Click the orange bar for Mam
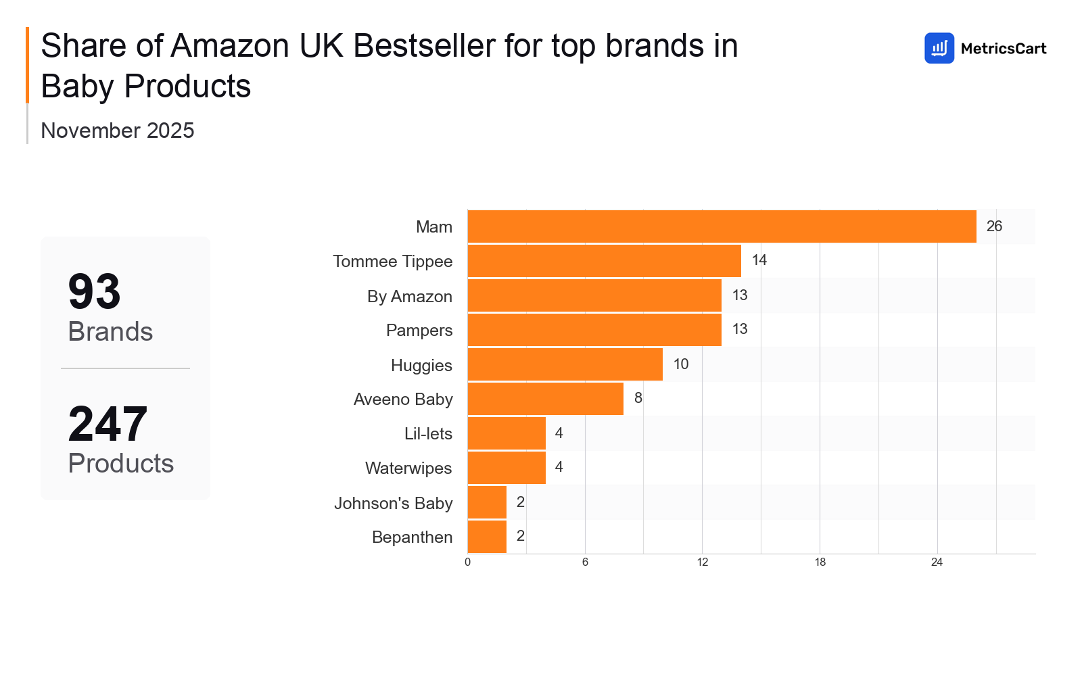click(x=722, y=226)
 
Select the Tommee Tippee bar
click(x=604, y=261)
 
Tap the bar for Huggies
click(x=565, y=364)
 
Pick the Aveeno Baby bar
click(x=545, y=399)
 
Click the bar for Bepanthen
click(x=487, y=537)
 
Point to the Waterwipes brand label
click(x=408, y=468)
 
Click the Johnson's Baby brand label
click(x=393, y=503)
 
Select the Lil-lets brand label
click(x=428, y=433)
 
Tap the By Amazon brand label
click(x=409, y=296)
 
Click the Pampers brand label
click(x=419, y=330)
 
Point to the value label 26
click(x=994, y=226)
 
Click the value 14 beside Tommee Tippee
click(x=759, y=260)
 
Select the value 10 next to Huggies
click(x=680, y=364)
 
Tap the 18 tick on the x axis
click(x=820, y=562)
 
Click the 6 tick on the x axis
click(x=585, y=562)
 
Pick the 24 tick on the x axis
click(x=937, y=562)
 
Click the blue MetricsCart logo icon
click(x=939, y=48)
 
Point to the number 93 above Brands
click(x=94, y=292)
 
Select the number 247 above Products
click(x=108, y=424)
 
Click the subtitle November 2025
click(x=117, y=130)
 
